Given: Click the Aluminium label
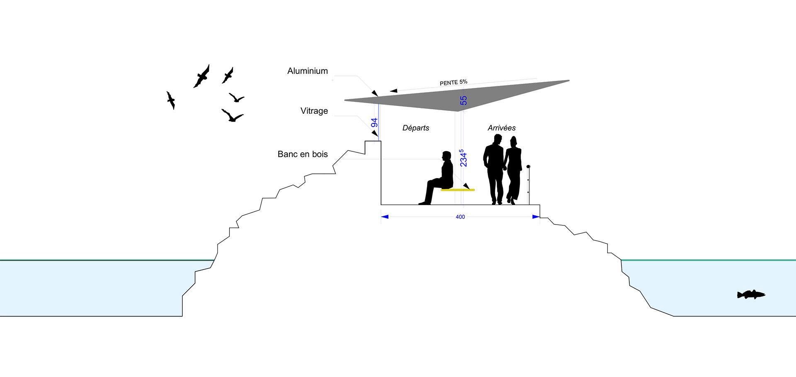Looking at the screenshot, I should click(x=307, y=71).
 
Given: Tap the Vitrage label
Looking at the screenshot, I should click(x=314, y=111).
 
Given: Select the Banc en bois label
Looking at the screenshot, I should click(x=302, y=154).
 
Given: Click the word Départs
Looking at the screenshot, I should click(x=415, y=128).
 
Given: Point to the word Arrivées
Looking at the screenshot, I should click(x=501, y=128).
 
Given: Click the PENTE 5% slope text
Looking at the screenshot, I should click(x=453, y=83).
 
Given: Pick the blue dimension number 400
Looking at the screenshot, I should click(x=460, y=217).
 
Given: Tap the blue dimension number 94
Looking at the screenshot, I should click(x=374, y=123).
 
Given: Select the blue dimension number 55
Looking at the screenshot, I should click(x=464, y=100).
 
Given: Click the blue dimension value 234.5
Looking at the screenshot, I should click(x=463, y=158).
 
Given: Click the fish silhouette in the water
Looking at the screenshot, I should click(x=750, y=295).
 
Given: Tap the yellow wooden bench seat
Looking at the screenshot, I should click(x=457, y=190).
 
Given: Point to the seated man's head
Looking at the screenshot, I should click(x=446, y=156).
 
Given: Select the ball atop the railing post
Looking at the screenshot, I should click(x=528, y=167).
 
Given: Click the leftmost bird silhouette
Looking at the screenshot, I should click(x=170, y=100).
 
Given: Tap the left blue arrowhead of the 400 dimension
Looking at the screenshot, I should click(x=385, y=217).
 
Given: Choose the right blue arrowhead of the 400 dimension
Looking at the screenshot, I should click(x=536, y=217).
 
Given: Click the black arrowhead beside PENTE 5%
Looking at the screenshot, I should click(x=393, y=91).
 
